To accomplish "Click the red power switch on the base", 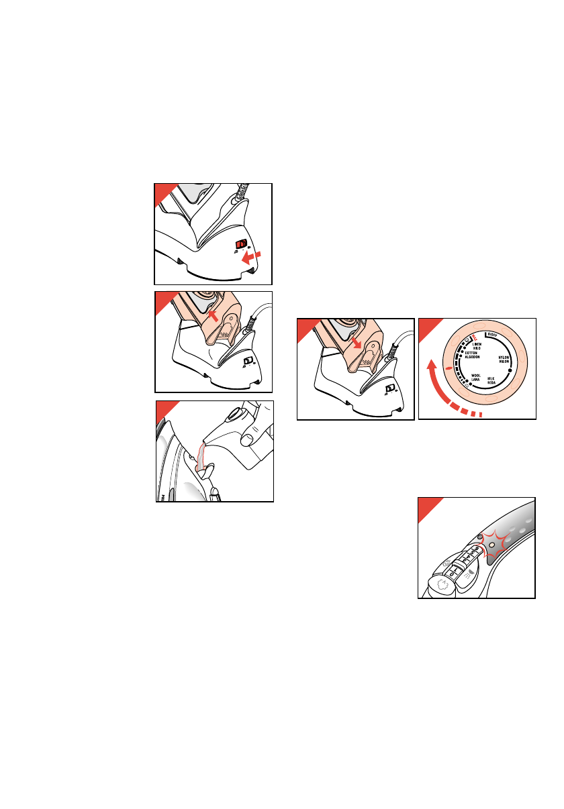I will [241, 245].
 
